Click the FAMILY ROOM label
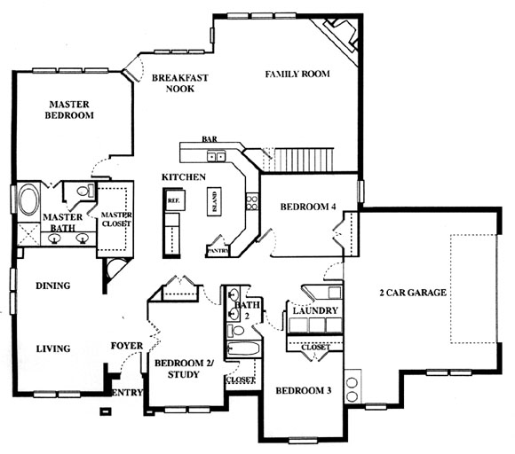[297, 74]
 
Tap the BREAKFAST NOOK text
[180, 83]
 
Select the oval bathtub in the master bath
[29, 200]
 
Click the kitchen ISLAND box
[214, 201]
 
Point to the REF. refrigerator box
[174, 200]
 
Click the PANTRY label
[218, 251]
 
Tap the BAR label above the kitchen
[210, 139]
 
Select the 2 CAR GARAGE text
[413, 293]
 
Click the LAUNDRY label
[315, 310]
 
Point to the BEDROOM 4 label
[308, 207]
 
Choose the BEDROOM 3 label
[303, 390]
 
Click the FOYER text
[127, 346]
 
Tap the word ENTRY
[127, 392]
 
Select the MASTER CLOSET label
[116, 219]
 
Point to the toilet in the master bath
[85, 191]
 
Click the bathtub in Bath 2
[243, 348]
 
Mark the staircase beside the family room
[302, 160]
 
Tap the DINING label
[53, 286]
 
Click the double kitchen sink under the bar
[216, 156]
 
